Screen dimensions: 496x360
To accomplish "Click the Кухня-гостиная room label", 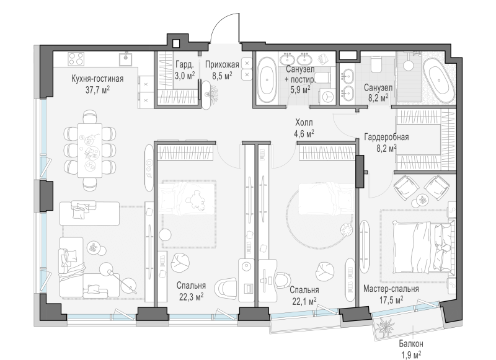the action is pyautogui.click(x=97, y=79).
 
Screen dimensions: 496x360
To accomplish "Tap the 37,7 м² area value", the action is pyautogui.click(x=97, y=90).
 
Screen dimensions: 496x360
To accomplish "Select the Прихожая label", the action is pyautogui.click(x=222, y=66).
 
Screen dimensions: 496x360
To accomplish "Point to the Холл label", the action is pyautogui.click(x=304, y=122).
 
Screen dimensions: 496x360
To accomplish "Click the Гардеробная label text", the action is pyautogui.click(x=386, y=137).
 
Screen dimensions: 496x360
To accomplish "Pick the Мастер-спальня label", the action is pyautogui.click(x=391, y=289).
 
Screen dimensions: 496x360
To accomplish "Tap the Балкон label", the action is pyautogui.click(x=411, y=343).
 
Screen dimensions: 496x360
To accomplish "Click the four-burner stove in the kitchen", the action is pyautogui.click(x=76, y=58).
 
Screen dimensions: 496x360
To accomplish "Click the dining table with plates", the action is pyautogui.click(x=90, y=151).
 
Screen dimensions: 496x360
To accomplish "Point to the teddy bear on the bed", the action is pyautogui.click(x=197, y=200).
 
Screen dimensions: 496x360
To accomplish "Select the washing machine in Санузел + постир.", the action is pyautogui.click(x=328, y=95).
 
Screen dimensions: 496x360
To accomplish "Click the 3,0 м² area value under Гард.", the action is pyautogui.click(x=185, y=76).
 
